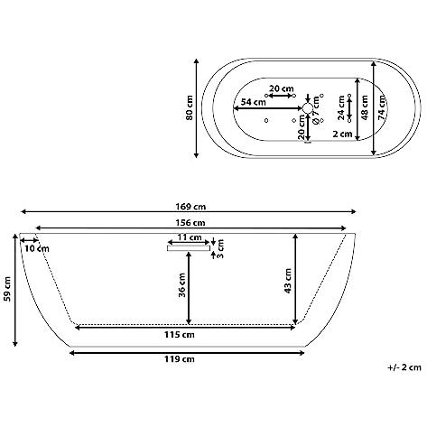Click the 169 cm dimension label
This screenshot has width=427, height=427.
(190, 207)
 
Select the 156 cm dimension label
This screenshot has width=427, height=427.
(190, 223)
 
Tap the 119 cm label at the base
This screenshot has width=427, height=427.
(180, 359)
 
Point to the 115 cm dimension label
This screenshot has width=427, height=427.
(180, 335)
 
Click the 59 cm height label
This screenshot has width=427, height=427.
(7, 289)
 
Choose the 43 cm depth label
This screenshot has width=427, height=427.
(288, 281)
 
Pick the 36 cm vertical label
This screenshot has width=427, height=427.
(182, 285)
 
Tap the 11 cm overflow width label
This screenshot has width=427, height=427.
(190, 237)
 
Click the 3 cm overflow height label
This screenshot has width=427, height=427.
(220, 249)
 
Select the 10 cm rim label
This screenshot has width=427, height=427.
(37, 249)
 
